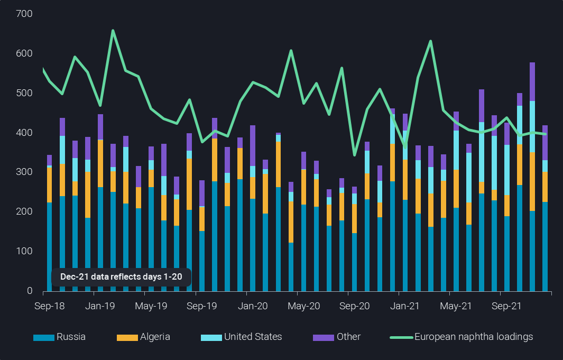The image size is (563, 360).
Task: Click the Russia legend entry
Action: pos(59,337)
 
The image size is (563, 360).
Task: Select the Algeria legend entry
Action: pos(143,337)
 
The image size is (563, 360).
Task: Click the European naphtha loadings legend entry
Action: pos(462,337)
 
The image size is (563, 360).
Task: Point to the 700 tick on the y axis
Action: pos(24,14)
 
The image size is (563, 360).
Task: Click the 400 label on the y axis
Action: pos(24,133)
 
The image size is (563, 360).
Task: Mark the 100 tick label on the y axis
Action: pos(24,251)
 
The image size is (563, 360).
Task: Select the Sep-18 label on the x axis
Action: pos(50,306)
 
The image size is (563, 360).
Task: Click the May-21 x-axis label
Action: pos(456,306)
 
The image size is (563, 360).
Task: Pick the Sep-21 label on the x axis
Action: pos(506,306)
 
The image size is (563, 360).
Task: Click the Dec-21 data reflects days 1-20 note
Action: pos(121,277)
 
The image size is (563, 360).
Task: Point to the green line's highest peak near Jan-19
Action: pos(113,31)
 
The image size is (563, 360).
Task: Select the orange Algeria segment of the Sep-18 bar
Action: pos(50,185)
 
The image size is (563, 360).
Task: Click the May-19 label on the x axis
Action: pos(151,306)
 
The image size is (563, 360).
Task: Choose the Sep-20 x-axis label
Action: pos(354,306)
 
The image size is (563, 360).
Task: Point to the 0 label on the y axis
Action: pos(30,291)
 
